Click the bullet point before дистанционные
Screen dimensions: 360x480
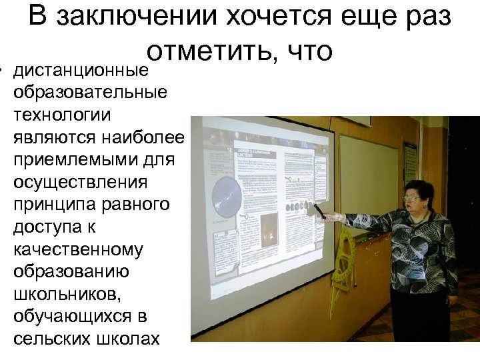(x=3, y=69)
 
